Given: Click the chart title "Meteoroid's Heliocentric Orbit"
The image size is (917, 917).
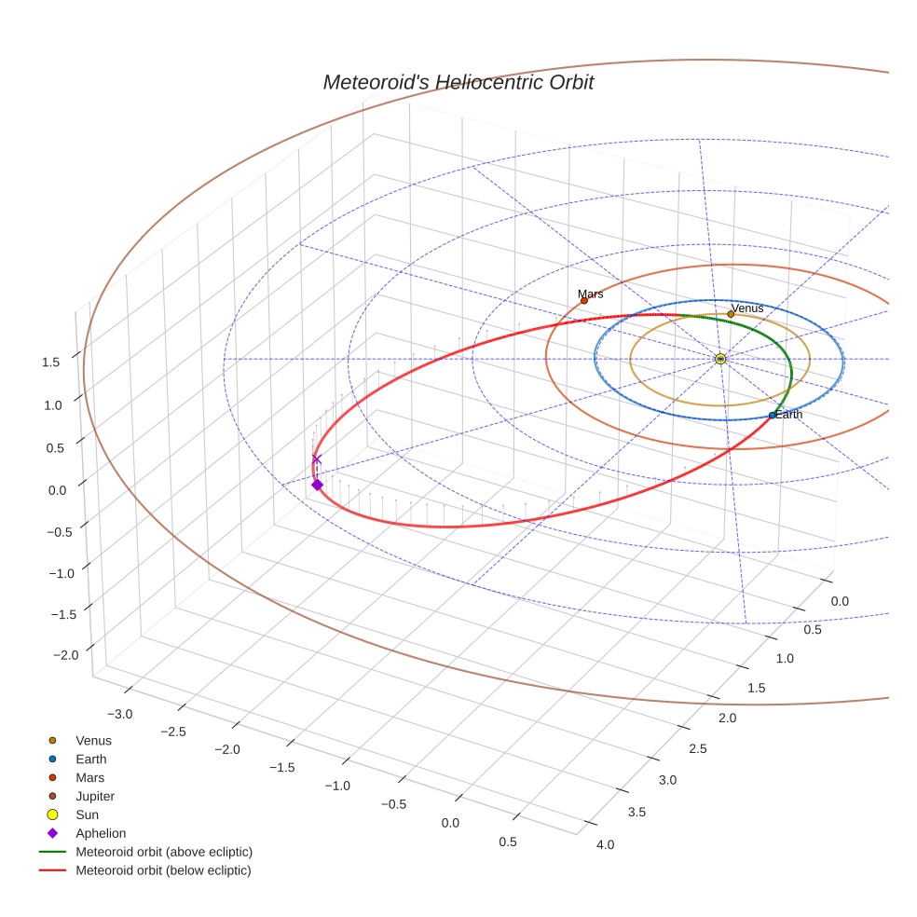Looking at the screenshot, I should [x=458, y=82].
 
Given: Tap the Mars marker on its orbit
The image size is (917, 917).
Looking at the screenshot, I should [x=584, y=300].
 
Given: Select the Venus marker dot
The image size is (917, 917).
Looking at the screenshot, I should [x=731, y=314].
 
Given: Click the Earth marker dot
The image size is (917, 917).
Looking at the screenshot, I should [x=772, y=415].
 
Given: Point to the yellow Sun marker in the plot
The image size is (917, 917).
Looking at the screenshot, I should [x=720, y=359].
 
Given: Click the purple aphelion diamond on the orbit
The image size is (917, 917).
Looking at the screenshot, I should [x=317, y=485].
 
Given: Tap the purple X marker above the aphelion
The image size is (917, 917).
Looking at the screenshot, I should [x=317, y=458].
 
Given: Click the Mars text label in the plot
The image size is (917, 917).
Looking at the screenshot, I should [x=590, y=294].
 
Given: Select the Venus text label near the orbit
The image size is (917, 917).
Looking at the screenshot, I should [x=747, y=308].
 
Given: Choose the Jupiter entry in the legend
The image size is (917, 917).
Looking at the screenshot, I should [x=95, y=796].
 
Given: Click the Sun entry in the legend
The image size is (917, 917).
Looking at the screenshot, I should [x=88, y=814].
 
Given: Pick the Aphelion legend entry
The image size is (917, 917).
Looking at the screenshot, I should [x=101, y=833].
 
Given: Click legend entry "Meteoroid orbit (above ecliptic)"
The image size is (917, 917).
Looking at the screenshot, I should [x=164, y=852].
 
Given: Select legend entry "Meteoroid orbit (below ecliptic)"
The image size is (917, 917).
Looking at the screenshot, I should [x=163, y=870].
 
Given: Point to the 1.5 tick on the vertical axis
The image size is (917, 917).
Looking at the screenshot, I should [x=51, y=363].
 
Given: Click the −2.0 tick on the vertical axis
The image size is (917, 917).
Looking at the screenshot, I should [x=66, y=655].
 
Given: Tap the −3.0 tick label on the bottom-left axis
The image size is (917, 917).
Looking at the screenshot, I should [x=120, y=714].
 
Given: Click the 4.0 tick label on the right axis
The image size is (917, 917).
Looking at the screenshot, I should [x=605, y=844].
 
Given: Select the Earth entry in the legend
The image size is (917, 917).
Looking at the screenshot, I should [x=91, y=759].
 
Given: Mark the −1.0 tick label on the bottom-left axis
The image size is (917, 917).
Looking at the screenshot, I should [x=337, y=786].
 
